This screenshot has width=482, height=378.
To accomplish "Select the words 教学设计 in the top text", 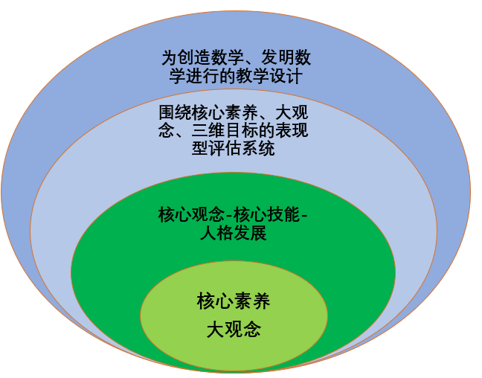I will coord(268,75).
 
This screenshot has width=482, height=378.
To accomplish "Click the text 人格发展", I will coord(234,234).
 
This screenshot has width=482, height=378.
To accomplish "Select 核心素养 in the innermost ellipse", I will coord(234,301).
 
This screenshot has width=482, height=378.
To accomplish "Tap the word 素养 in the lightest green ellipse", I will coord(252,301).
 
